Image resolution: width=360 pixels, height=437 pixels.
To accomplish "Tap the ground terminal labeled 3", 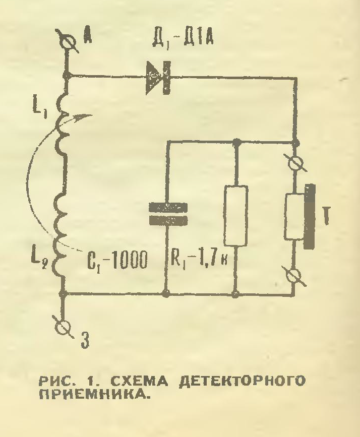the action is [64, 327].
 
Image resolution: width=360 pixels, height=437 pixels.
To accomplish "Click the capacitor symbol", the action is [167, 214].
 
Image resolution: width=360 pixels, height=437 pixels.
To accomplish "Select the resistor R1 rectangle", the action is [236, 215].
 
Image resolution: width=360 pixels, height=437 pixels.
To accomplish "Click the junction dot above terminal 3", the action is [63, 293].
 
